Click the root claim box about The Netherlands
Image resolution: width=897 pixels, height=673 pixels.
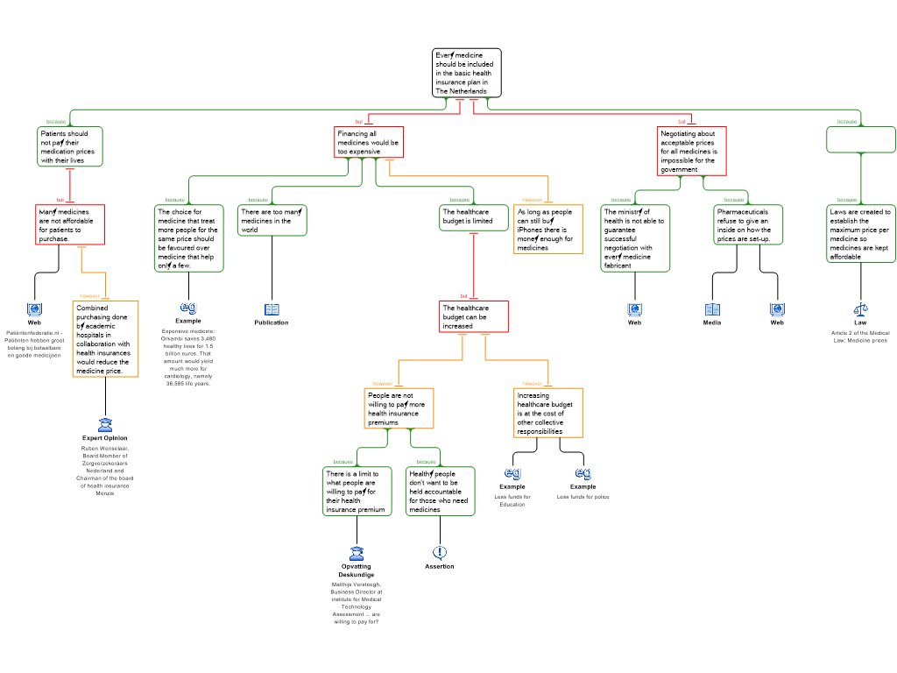[466, 73]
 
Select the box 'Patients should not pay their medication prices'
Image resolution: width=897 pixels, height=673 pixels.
[70, 146]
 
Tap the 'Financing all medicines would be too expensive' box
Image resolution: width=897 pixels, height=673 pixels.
[369, 143]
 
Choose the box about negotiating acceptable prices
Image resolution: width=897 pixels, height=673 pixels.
[691, 151]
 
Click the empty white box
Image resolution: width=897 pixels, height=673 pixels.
[860, 139]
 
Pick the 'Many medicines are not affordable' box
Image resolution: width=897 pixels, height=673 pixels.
[70, 224]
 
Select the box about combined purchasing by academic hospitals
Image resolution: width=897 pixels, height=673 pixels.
[105, 339]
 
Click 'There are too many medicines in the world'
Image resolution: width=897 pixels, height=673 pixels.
[272, 221]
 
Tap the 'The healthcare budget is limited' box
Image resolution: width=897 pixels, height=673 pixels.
[473, 217]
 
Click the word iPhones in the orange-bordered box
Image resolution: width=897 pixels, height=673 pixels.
[530, 230]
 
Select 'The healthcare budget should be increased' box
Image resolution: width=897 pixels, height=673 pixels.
[473, 316]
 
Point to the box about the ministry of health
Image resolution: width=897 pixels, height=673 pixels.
[635, 238]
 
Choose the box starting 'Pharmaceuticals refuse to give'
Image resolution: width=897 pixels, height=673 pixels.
[747, 225]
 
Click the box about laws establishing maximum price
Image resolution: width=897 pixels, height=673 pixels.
[860, 234]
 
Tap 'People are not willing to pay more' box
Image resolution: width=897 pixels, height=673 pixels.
[399, 408]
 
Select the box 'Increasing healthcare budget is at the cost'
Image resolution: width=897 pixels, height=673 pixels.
[547, 413]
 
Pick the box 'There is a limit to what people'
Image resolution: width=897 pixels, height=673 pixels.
[357, 491]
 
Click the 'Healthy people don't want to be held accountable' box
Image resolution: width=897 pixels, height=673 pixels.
[440, 491]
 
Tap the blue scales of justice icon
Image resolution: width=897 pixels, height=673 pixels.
[860, 309]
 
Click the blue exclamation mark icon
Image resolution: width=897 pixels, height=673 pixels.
[440, 552]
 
